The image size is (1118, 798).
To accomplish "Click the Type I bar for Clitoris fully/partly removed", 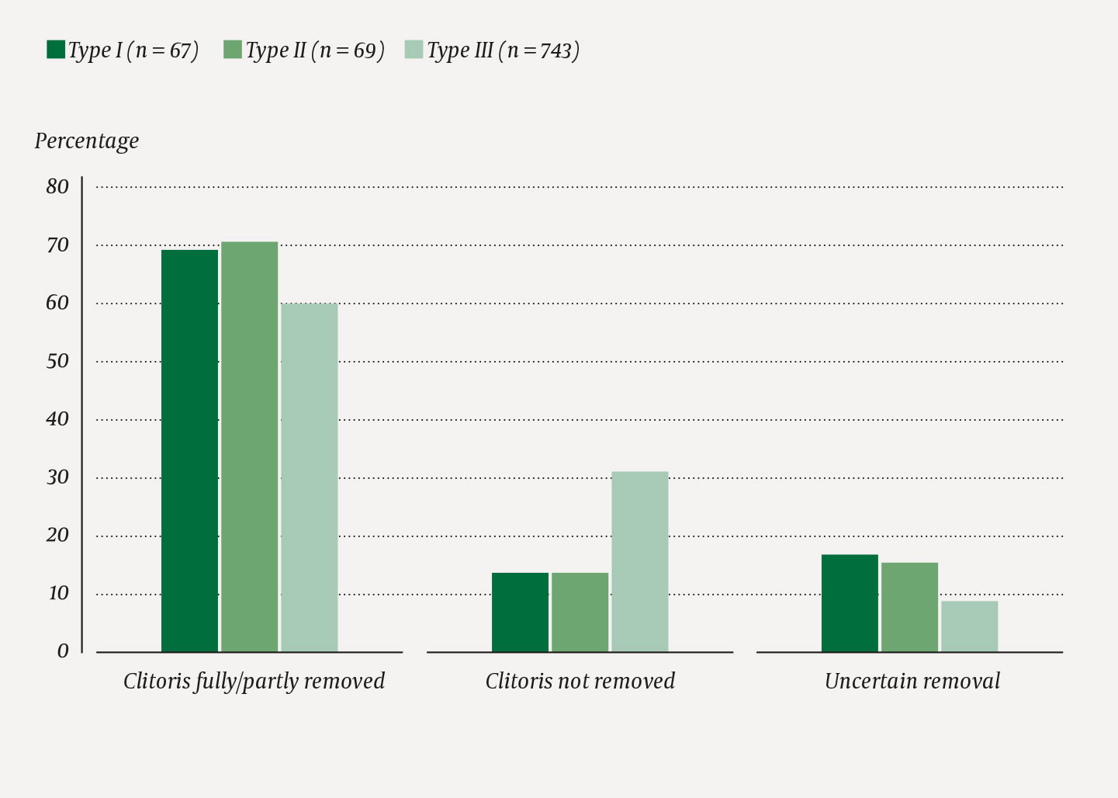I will pyautogui.click(x=189, y=450).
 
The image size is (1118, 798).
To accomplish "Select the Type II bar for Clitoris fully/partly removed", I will pyautogui.click(x=249, y=446).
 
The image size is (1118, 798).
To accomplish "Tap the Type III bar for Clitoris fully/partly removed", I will pyautogui.click(x=309, y=477).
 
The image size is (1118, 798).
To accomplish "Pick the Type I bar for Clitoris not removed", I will pyautogui.click(x=520, y=612).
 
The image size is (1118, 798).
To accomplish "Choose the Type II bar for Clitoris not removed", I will pyautogui.click(x=580, y=612).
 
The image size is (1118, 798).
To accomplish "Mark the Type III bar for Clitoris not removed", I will pyautogui.click(x=639, y=561).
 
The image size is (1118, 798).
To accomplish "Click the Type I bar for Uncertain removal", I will pyautogui.click(x=850, y=603).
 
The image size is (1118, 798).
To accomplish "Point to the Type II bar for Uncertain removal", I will pyautogui.click(x=909, y=607).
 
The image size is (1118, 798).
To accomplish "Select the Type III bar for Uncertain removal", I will pyautogui.click(x=969, y=626).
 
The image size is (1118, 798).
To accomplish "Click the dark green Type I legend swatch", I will pyautogui.click(x=56, y=50).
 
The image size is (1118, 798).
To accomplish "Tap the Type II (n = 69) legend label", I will pyautogui.click(x=315, y=50).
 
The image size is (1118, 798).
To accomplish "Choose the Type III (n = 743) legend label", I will pyautogui.click(x=503, y=50).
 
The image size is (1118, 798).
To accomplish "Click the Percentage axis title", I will pyautogui.click(x=87, y=141).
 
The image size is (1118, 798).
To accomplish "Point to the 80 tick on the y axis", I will pyautogui.click(x=57, y=186).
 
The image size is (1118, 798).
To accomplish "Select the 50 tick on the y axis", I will pyautogui.click(x=57, y=361).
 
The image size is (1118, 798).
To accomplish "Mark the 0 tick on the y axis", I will pyautogui.click(x=63, y=651).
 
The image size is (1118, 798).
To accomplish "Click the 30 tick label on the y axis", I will pyautogui.click(x=57, y=477).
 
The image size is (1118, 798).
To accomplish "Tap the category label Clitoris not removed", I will pyautogui.click(x=580, y=682).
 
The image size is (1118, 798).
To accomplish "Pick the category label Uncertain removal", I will pyautogui.click(x=912, y=682).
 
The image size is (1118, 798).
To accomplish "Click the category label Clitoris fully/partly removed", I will pyautogui.click(x=254, y=682).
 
